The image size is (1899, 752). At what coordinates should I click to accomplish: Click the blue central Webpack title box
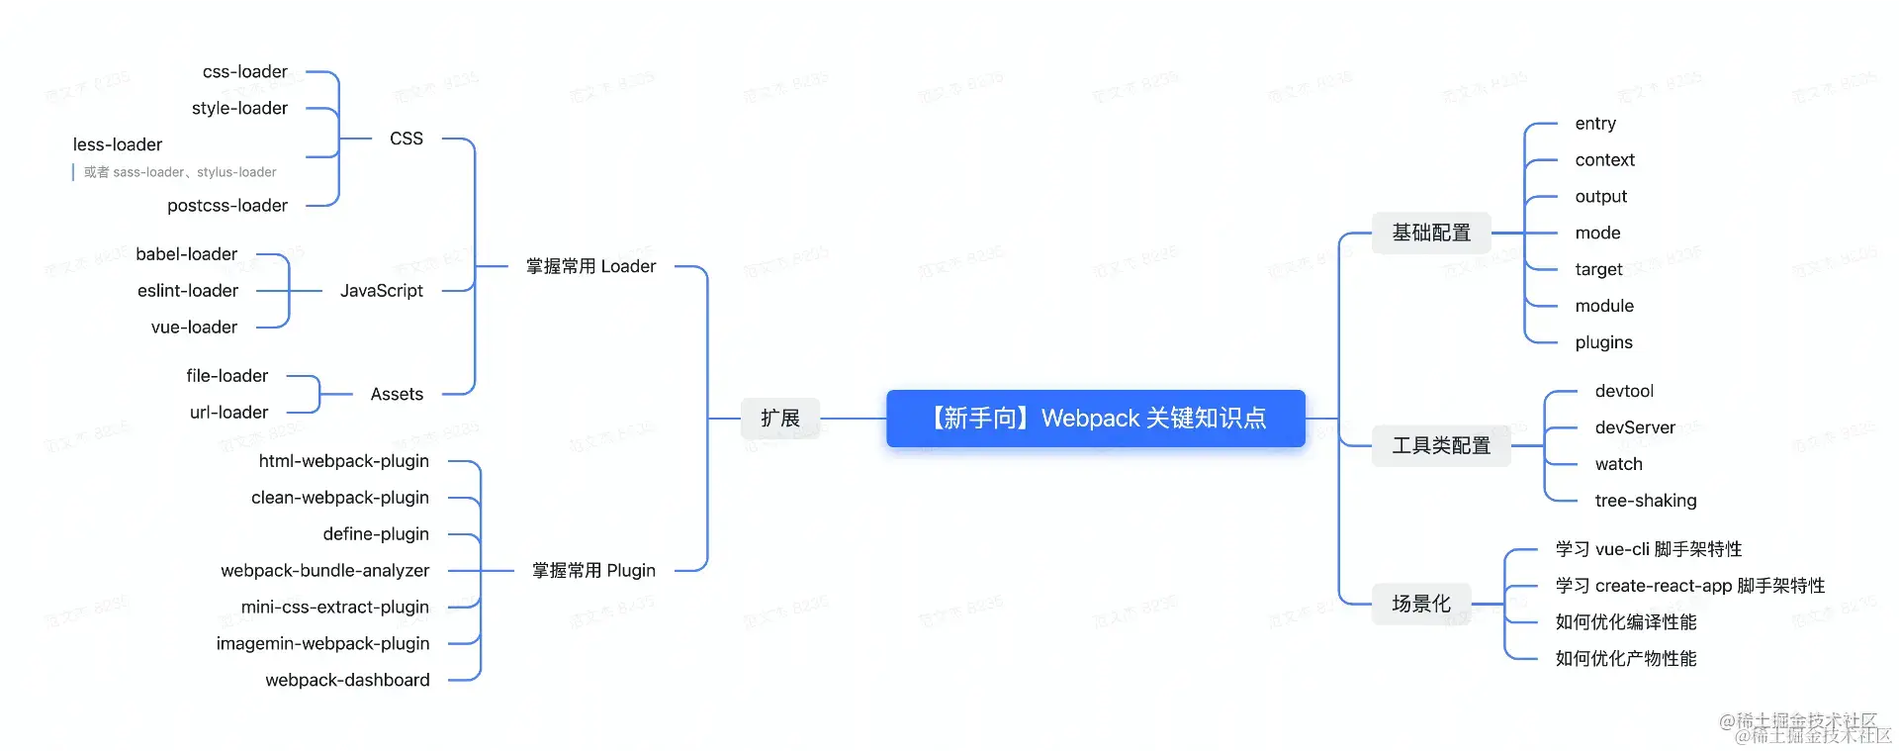click(x=1095, y=419)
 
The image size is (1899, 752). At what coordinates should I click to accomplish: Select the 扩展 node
click(x=779, y=419)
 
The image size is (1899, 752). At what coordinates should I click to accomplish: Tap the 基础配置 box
click(x=1430, y=234)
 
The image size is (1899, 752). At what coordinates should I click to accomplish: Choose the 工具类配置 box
click(x=1440, y=446)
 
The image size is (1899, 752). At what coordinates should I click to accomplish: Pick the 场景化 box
click(x=1420, y=604)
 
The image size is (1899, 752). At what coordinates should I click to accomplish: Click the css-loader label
click(x=244, y=72)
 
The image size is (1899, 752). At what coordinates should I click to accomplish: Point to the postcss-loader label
click(x=227, y=206)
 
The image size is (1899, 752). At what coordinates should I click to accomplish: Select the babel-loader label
click(x=186, y=254)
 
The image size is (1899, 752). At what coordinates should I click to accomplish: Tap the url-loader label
click(x=228, y=413)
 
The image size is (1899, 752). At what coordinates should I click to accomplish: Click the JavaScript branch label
click(x=381, y=291)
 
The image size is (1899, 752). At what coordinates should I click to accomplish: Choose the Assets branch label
click(x=397, y=394)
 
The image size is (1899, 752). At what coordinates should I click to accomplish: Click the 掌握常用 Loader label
click(x=590, y=266)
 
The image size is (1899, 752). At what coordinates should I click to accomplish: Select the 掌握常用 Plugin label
click(x=593, y=571)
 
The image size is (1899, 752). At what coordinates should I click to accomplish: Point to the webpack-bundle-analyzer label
click(x=324, y=571)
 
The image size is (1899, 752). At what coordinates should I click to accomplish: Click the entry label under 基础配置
click(x=1594, y=124)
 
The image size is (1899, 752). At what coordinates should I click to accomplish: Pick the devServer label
click(x=1634, y=427)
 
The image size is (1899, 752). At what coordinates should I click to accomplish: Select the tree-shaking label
click(x=1645, y=501)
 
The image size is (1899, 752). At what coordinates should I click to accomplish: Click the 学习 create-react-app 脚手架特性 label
click(x=1689, y=586)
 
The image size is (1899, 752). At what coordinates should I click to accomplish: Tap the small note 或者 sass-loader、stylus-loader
click(x=179, y=172)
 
